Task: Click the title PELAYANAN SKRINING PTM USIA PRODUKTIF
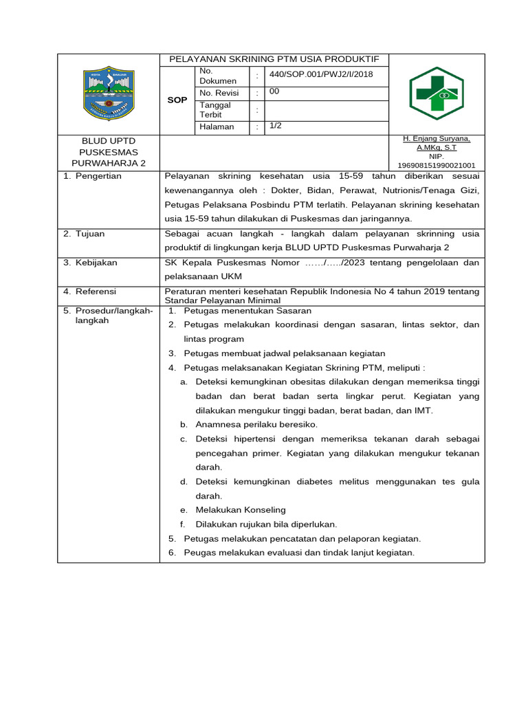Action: [274, 59]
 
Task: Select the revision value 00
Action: [274, 91]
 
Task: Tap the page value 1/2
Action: [275, 126]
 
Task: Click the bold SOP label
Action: [177, 100]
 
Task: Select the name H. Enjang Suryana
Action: [437, 139]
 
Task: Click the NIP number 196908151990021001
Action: [437, 165]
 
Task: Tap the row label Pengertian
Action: [97, 176]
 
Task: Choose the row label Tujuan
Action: [89, 234]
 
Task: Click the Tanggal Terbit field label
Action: [215, 109]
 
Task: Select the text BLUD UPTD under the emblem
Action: [109, 140]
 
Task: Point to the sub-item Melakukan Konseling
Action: [240, 509]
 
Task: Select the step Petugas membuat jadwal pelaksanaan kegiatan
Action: [285, 353]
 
